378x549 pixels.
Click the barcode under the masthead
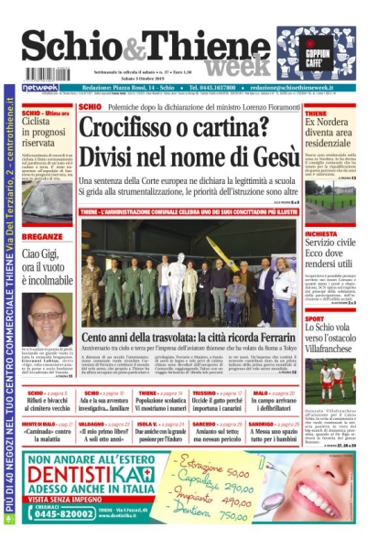pos(47,74)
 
